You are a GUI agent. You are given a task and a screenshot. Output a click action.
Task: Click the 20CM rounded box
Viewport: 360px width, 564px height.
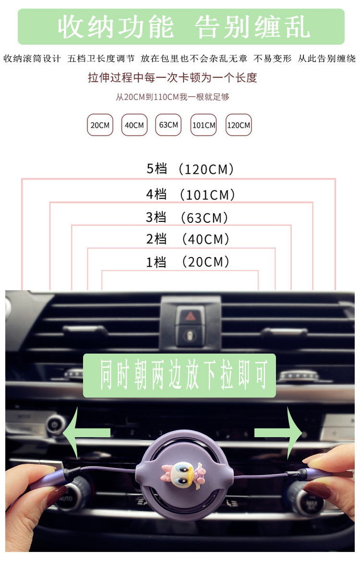[100, 125]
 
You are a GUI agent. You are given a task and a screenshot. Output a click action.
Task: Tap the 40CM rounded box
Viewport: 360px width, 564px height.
[134, 125]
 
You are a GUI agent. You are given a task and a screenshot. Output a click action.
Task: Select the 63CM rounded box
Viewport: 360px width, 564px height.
[168, 125]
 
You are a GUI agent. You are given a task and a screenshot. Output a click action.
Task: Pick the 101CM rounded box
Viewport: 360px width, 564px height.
[204, 125]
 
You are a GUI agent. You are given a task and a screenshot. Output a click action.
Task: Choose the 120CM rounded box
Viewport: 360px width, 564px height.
[239, 125]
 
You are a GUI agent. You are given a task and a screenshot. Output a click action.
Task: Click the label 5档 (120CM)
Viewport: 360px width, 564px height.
[191, 169]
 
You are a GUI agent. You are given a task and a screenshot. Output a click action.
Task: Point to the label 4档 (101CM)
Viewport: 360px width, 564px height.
[191, 195]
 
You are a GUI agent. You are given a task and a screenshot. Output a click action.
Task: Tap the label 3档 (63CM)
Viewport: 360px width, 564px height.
[187, 218]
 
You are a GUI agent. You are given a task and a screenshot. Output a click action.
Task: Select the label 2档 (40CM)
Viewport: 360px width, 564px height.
[188, 239]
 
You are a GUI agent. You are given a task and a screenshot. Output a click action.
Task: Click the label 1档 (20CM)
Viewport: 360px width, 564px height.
[188, 262]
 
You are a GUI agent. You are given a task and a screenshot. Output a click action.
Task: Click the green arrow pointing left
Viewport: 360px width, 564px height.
[89, 432]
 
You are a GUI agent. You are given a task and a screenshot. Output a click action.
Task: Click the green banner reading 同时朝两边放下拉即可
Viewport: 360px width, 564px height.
[180, 375]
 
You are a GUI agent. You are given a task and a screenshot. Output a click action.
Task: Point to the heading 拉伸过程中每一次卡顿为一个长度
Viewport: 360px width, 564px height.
[172, 77]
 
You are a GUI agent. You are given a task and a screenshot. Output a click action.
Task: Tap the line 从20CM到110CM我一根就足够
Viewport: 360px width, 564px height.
[172, 97]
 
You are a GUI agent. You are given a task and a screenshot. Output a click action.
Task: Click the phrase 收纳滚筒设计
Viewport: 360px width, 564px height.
[32, 59]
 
